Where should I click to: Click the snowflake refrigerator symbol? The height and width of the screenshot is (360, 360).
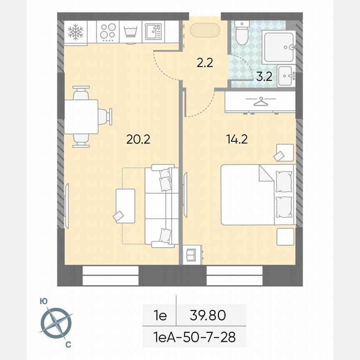coord(75,31)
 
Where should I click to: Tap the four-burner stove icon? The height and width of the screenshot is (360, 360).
coord(108,31)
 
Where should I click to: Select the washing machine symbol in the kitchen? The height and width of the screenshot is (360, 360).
coord(131,32)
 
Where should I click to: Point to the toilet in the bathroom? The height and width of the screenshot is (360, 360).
coord(241,34)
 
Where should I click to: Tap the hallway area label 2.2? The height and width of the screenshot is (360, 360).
coord(205,63)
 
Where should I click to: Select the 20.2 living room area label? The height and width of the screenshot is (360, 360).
coord(138,139)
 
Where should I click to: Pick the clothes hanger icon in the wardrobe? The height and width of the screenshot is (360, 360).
coord(260,101)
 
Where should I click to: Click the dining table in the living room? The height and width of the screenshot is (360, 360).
coord(81,117)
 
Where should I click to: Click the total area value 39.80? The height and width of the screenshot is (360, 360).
coord(208,315)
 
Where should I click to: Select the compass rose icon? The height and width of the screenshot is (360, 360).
coord(56,322)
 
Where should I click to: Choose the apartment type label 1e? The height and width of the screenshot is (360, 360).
coord(160,315)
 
